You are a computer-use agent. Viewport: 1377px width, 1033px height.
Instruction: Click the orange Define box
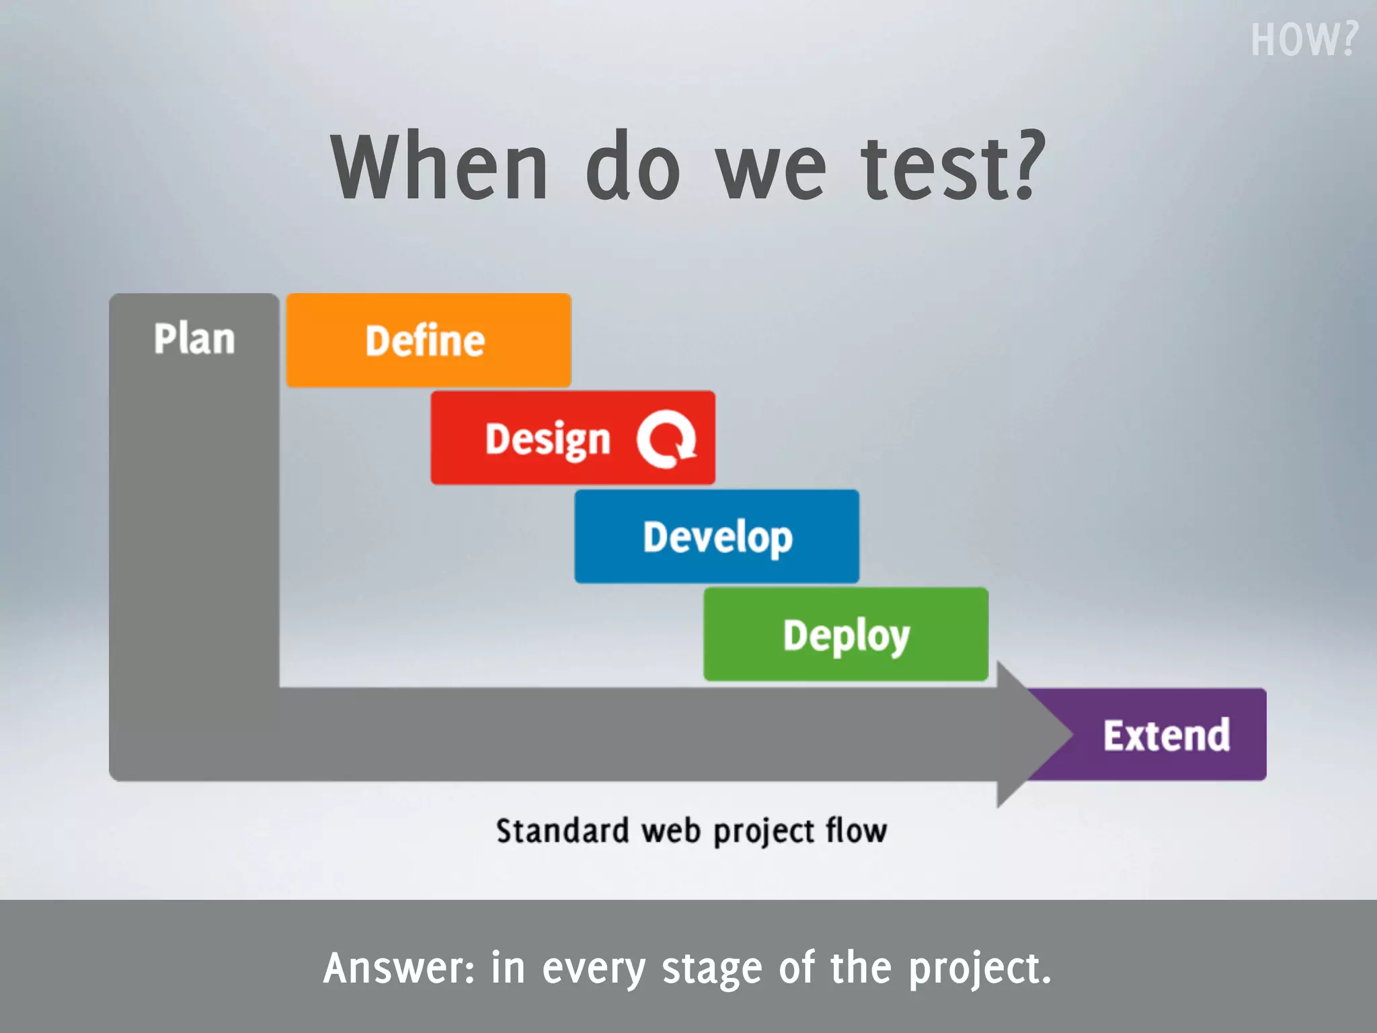pyautogui.click(x=428, y=340)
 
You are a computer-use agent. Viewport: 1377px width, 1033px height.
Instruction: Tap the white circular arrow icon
pyautogui.click(x=666, y=438)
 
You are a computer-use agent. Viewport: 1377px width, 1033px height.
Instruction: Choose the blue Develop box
pyautogui.click(x=717, y=537)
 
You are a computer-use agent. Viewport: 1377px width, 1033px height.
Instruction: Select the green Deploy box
pyautogui.click(x=845, y=635)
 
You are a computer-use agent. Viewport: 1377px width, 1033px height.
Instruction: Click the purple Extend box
pyautogui.click(x=1167, y=735)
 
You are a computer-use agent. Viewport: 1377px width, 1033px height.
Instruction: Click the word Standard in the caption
pyautogui.click(x=562, y=831)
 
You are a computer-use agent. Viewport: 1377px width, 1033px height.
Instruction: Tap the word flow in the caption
pyautogui.click(x=856, y=831)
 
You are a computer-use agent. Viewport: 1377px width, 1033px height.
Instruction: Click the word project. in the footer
pyautogui.click(x=980, y=969)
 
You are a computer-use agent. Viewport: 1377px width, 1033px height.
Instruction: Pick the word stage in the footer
pyautogui.click(x=712, y=969)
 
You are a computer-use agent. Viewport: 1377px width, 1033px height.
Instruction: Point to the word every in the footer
pyautogui.click(x=594, y=969)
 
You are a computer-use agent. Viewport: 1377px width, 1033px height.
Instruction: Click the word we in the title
pyautogui.click(x=771, y=168)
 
